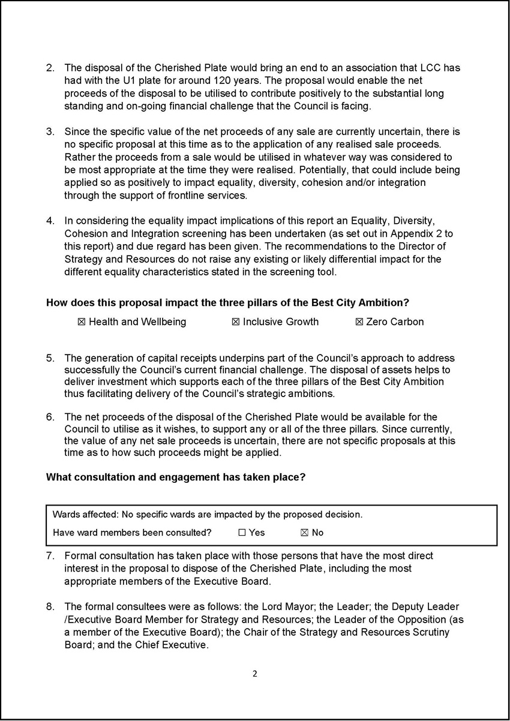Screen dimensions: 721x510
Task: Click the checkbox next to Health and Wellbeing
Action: pyautogui.click(x=82, y=322)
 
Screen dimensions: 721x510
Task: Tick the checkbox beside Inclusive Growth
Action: pyautogui.click(x=236, y=322)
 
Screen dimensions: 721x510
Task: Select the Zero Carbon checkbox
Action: pyautogui.click(x=359, y=322)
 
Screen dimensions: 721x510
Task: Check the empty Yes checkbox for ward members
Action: pyautogui.click(x=242, y=533)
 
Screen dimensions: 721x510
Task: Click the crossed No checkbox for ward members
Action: pyautogui.click(x=304, y=533)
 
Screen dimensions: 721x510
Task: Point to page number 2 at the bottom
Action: pyautogui.click(x=254, y=674)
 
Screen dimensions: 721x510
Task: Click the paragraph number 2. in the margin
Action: pyautogui.click(x=50, y=68)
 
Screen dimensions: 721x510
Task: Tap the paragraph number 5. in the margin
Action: pyautogui.click(x=50, y=359)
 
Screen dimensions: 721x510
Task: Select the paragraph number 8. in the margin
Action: pyautogui.click(x=50, y=607)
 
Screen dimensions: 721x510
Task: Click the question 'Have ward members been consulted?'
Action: pyautogui.click(x=132, y=533)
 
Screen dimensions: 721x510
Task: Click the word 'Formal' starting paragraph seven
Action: pyautogui.click(x=79, y=556)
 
